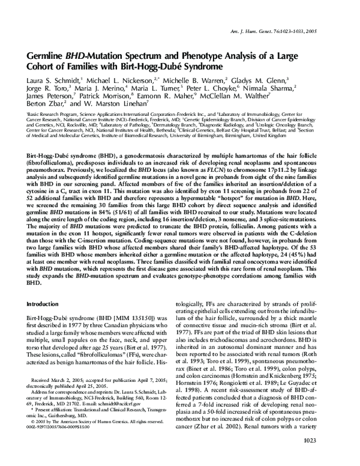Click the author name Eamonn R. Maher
(x=169, y=109)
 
